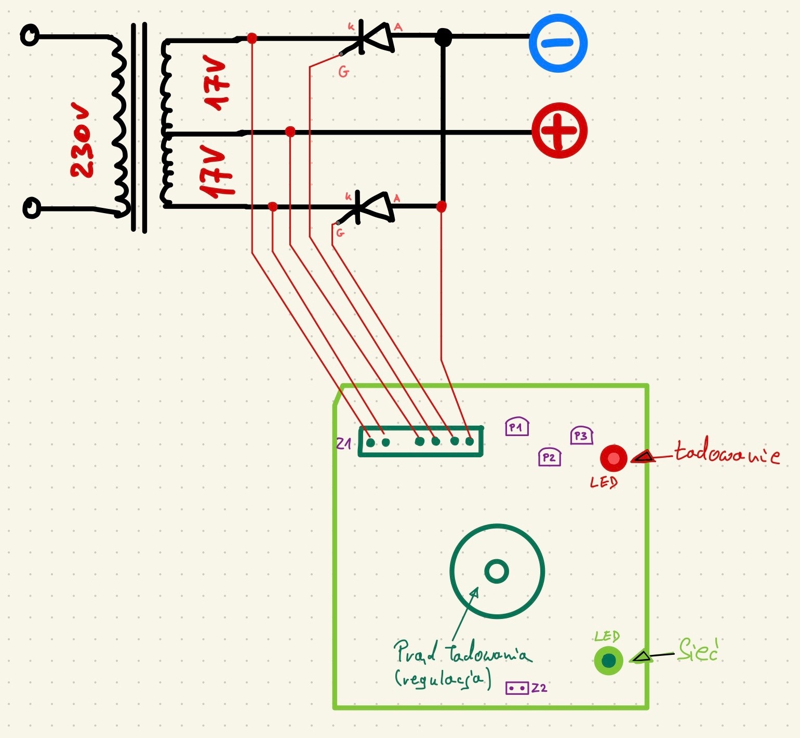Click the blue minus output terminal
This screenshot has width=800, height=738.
558,43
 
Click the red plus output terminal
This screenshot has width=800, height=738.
559,130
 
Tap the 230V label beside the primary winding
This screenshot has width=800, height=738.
83,142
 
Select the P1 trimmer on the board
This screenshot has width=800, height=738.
516,427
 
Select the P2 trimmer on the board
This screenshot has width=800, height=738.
549,457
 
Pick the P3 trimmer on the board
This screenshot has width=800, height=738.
581,436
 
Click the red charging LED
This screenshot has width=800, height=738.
614,458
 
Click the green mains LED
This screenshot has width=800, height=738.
608,661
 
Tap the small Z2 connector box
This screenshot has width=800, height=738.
517,688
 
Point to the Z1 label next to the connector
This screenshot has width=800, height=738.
343,443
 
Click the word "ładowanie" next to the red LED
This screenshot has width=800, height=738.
727,453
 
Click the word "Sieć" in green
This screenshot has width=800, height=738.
698,651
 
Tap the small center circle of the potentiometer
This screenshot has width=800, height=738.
496,571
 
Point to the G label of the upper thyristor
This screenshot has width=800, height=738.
343,72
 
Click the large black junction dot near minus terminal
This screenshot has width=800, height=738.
443,37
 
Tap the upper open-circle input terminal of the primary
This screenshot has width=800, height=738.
30,35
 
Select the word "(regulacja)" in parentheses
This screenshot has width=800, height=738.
442,679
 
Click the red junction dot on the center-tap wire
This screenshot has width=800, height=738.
290,132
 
